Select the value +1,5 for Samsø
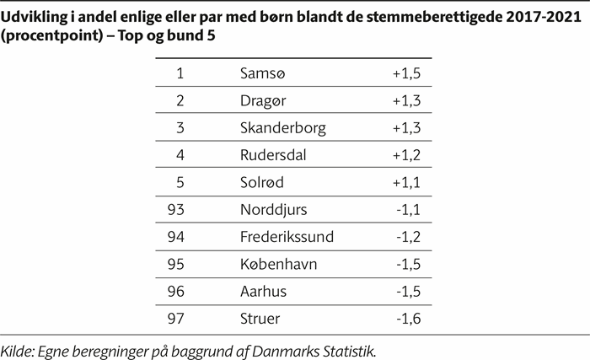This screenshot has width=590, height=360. [406, 74]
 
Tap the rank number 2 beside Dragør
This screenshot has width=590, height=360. [180, 101]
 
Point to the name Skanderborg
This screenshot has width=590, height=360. [282, 128]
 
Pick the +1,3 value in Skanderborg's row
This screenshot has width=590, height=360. [406, 128]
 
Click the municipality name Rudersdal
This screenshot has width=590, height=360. [272, 155]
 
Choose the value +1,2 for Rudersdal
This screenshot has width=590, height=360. [406, 155]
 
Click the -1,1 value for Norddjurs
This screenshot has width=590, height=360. [409, 209]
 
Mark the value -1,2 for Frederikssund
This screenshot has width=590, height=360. [409, 236]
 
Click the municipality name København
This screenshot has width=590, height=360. [276, 263]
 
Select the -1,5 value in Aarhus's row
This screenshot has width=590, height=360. [409, 290]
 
